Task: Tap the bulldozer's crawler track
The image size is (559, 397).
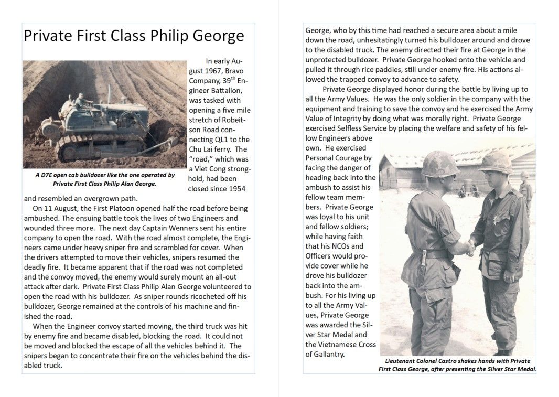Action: (100, 148)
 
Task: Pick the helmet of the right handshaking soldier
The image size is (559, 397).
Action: (495, 162)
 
